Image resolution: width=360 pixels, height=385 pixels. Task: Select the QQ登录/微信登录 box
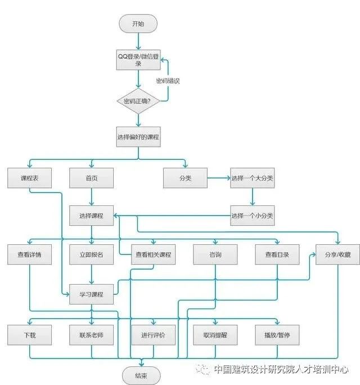tap(138, 60)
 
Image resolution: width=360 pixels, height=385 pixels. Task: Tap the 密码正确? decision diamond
tap(138, 101)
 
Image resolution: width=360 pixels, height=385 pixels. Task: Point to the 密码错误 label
tap(168, 81)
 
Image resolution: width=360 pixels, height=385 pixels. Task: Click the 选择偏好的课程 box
tap(138, 137)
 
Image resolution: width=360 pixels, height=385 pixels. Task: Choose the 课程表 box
tap(29, 178)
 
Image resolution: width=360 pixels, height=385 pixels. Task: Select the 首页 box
tap(92, 178)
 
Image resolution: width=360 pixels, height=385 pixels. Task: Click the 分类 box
tap(185, 178)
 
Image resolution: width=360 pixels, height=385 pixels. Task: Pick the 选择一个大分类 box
tap(252, 178)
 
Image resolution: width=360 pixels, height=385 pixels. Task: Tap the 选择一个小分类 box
tap(252, 216)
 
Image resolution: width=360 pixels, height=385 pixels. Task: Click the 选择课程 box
tap(92, 216)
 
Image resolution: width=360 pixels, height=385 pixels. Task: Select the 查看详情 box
tap(29, 254)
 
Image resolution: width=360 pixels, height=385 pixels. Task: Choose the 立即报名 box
tap(92, 254)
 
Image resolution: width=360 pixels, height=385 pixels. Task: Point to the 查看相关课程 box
tap(153, 254)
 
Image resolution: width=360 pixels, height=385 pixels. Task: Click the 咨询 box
tap(215, 254)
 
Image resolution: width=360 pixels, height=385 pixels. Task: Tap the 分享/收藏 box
tap(337, 254)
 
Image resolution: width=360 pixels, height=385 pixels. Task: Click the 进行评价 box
tap(153, 335)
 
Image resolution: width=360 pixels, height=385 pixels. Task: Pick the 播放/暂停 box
tap(277, 335)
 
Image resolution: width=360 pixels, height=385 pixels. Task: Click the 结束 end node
tap(141, 375)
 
